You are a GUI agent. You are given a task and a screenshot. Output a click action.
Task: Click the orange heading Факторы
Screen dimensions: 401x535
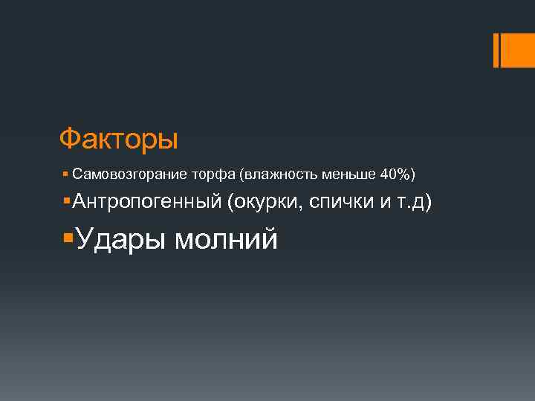click(119, 139)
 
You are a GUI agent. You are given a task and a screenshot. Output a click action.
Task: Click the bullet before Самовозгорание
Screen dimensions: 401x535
click(66, 175)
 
